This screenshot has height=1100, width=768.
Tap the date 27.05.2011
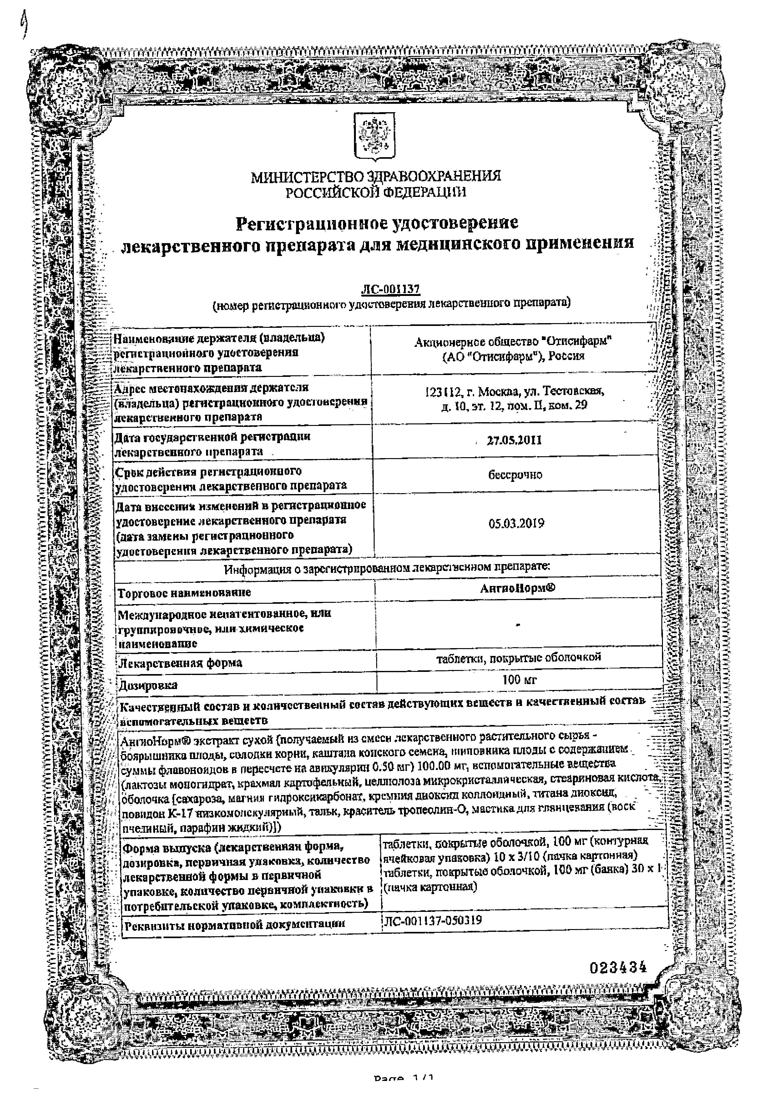point(514,440)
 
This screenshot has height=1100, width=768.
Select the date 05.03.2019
point(516,523)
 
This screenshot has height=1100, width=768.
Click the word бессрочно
point(515,475)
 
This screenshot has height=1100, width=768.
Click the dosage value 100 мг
point(519,679)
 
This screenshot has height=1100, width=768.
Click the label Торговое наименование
point(184,592)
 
